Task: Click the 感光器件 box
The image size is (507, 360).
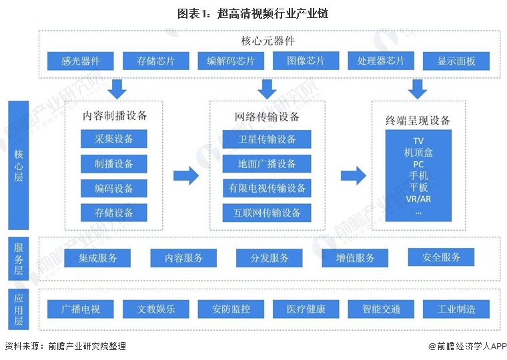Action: [x=81, y=61]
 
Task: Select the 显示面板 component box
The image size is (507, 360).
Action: [x=456, y=61]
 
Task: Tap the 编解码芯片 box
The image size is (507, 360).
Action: [x=231, y=61]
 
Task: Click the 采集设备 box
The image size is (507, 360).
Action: [x=113, y=139]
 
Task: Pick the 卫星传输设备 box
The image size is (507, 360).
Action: [x=267, y=139]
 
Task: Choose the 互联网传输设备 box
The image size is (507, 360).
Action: [x=267, y=213]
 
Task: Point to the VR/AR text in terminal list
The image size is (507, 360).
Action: [x=418, y=199]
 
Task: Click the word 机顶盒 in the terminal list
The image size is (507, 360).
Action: [x=418, y=153]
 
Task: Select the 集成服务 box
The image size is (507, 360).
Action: [x=97, y=258]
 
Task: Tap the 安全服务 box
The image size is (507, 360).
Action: [x=441, y=257]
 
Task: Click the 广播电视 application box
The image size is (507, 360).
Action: [x=81, y=309]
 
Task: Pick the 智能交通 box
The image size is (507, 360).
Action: [x=381, y=309]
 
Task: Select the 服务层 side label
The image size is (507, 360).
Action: [x=18, y=258]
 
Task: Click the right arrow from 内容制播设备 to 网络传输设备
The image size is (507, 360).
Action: [x=186, y=176]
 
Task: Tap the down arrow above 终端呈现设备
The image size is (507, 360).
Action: [x=418, y=88]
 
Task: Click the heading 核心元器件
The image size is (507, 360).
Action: [x=267, y=41]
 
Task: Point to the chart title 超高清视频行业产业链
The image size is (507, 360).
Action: [x=253, y=13]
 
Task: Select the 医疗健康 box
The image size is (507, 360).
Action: [x=306, y=309]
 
